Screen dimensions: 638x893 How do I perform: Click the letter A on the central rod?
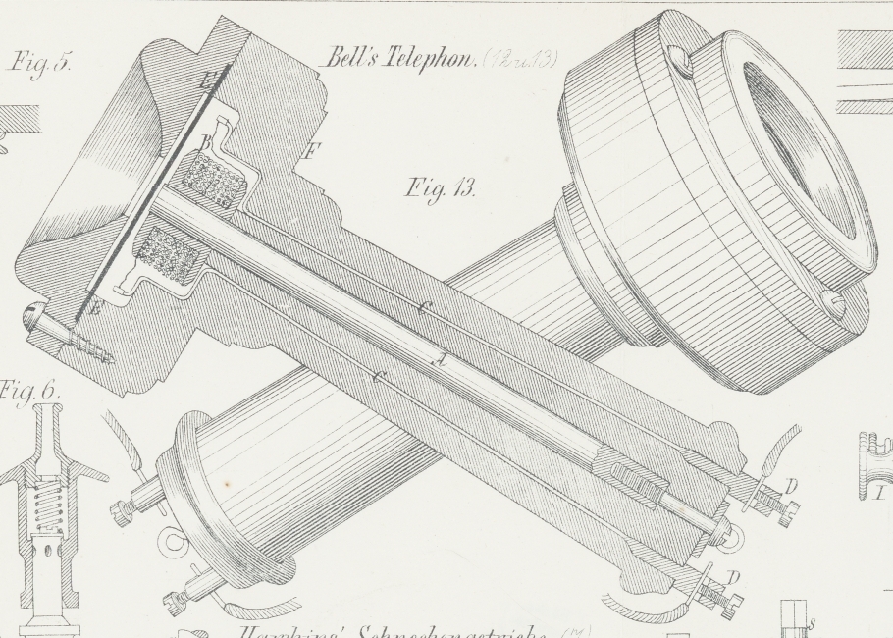tap(443, 359)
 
